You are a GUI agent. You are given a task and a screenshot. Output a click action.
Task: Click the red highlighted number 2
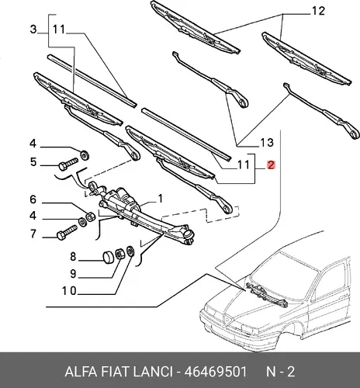pyautogui.click(x=271, y=165)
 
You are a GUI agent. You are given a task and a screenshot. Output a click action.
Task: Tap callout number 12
pyautogui.click(x=318, y=11)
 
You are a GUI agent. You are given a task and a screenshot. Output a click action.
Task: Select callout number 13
pyautogui.click(x=267, y=142)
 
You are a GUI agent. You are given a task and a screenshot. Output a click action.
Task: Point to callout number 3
pyautogui.click(x=33, y=29)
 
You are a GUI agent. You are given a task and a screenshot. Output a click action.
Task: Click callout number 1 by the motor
pyautogui.click(x=161, y=199)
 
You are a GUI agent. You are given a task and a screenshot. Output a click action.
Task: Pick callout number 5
pyautogui.click(x=33, y=162)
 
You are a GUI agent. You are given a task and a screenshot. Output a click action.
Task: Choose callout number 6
pyautogui.click(x=33, y=199)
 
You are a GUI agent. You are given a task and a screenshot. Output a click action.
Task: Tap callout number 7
pyautogui.click(x=33, y=234)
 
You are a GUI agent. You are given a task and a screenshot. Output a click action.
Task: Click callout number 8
pyautogui.click(x=73, y=257)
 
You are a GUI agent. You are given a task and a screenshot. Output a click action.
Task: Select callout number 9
pyautogui.click(x=73, y=273)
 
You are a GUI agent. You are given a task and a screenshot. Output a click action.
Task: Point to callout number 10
pyautogui.click(x=69, y=291)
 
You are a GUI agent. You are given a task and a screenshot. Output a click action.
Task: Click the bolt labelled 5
pyautogui.click(x=68, y=164)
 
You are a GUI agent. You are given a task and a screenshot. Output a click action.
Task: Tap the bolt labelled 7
pyautogui.click(x=67, y=233)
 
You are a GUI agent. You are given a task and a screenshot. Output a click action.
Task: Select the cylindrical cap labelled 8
pyautogui.click(x=109, y=257)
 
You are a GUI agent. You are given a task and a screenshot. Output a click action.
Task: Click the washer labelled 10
pyautogui.click(x=130, y=251)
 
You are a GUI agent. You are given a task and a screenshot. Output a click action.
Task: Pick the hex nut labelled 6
pyautogui.click(x=91, y=217)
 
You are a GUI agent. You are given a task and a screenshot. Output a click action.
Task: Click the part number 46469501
pyautogui.click(x=216, y=372)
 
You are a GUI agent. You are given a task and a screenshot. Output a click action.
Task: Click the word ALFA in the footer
pyautogui.click(x=81, y=372)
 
